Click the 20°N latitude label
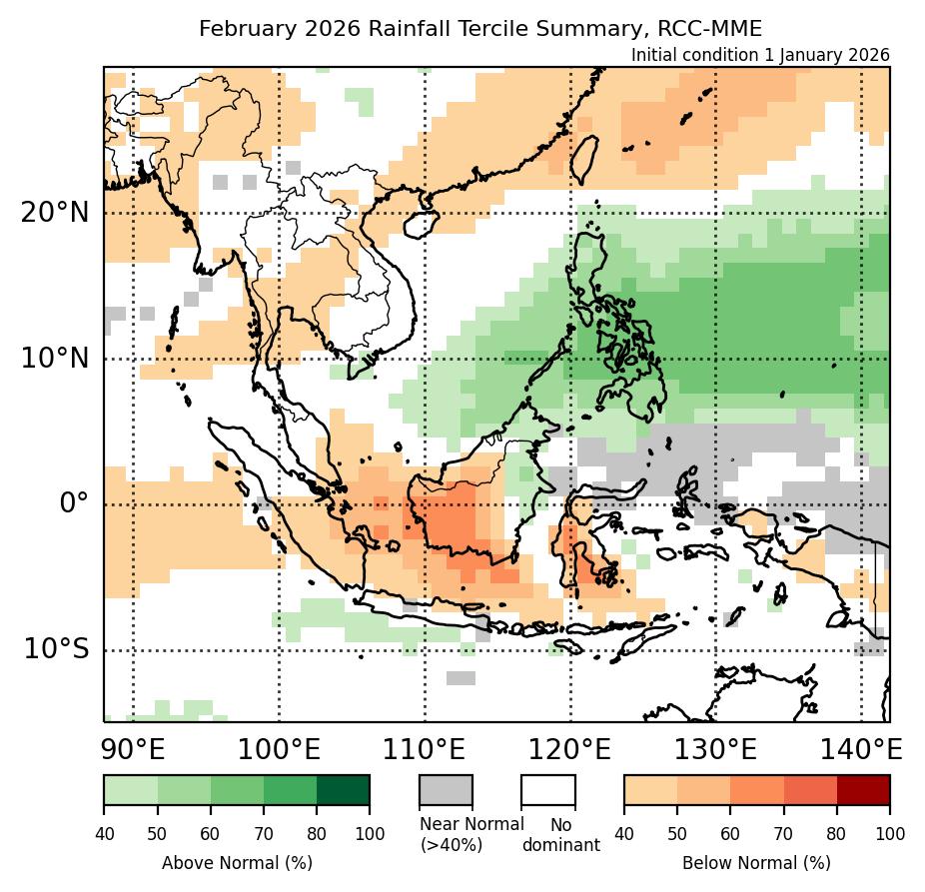54,213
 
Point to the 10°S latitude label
55,649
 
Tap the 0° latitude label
74,502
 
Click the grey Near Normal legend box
446,789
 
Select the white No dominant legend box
548,789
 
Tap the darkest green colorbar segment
343,789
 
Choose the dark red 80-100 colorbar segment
862,789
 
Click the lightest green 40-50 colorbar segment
131,789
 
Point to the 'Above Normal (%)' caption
237,862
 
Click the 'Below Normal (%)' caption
756,862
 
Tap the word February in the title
241,29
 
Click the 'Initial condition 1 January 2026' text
760,55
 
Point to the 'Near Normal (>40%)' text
471,834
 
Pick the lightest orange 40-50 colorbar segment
650,789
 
